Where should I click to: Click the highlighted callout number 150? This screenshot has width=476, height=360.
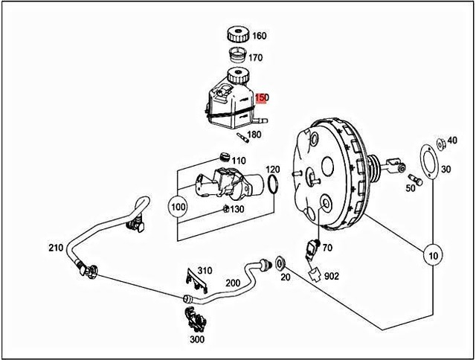[x=262, y=97]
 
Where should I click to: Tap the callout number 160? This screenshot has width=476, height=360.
[x=259, y=36]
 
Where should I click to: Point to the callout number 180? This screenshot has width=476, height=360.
[x=254, y=135]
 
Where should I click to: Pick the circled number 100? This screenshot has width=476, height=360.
[x=178, y=205]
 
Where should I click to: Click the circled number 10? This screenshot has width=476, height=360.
[x=432, y=257]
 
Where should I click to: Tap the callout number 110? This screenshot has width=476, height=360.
[x=238, y=161]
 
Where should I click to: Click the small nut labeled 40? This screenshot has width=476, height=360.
[x=439, y=140]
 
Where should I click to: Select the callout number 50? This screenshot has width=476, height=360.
[x=410, y=187]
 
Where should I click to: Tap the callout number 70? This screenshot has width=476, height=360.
[x=327, y=247]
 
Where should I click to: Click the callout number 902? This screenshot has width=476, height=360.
[x=332, y=276]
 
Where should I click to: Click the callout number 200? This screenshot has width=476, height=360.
[x=232, y=283]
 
